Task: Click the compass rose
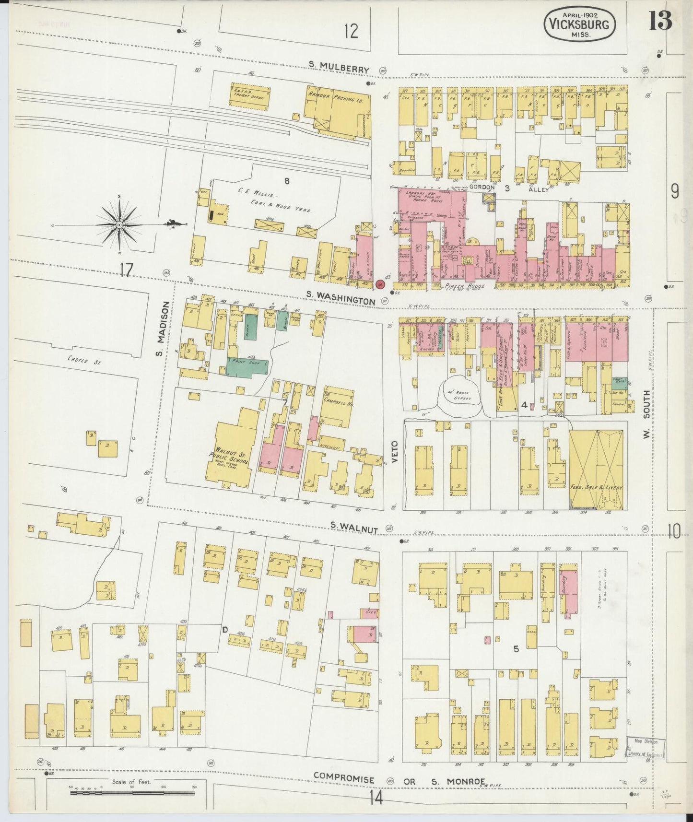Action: point(119,224)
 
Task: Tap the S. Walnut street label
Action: point(354,528)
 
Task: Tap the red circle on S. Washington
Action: point(380,284)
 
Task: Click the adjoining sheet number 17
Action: point(126,270)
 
